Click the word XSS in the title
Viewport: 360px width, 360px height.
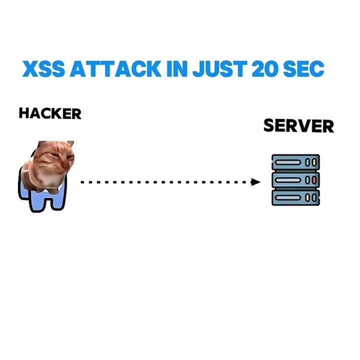point(43,71)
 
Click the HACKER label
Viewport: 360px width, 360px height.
point(50,114)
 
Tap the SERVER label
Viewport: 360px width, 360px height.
point(298,127)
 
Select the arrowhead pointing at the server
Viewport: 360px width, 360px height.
point(255,182)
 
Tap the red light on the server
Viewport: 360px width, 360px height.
point(315,181)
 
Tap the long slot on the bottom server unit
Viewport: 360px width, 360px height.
point(288,197)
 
